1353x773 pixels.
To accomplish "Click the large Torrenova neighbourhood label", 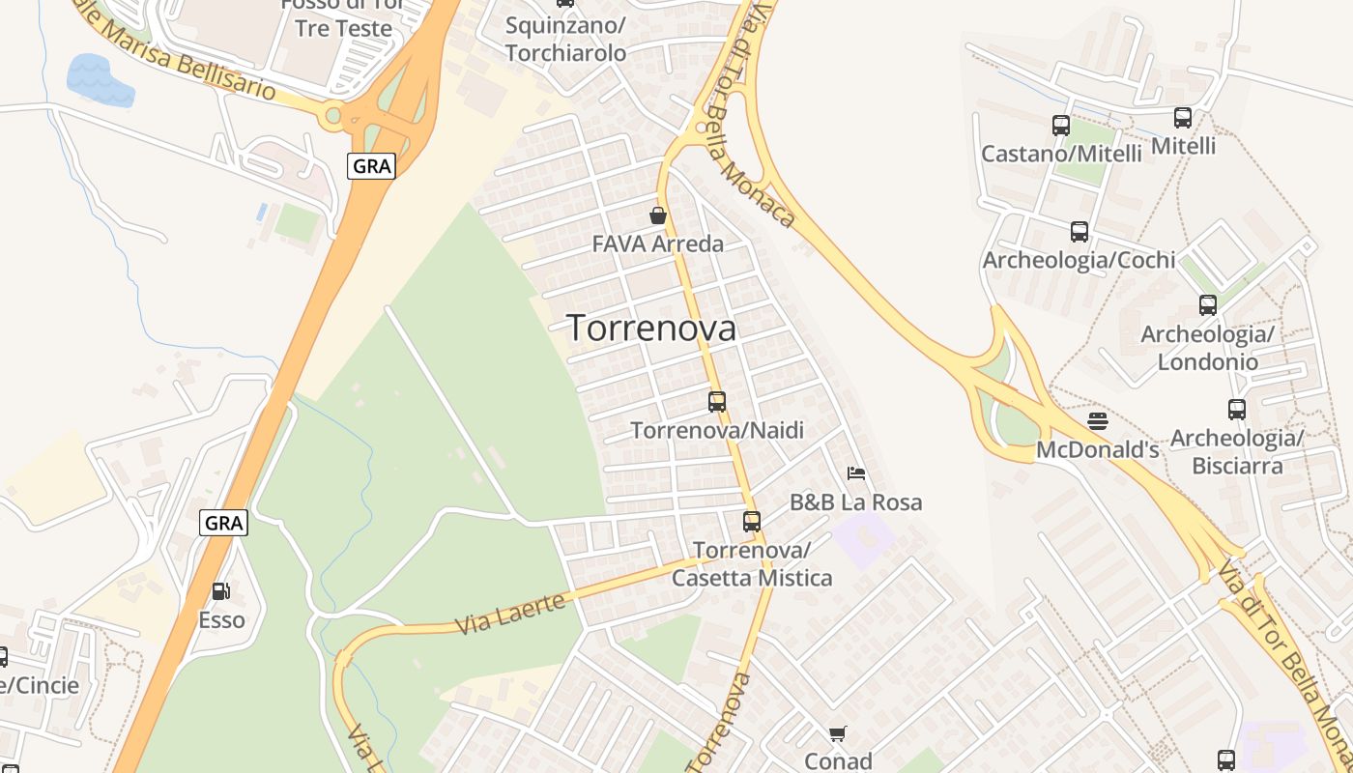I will click(x=651, y=329).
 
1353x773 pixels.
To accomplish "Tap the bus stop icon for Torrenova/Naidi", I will click(x=717, y=402).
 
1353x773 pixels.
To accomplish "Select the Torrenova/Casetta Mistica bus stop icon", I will click(x=752, y=522).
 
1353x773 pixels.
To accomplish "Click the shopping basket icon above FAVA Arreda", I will click(x=658, y=215).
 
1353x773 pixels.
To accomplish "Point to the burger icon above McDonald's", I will click(x=1097, y=421).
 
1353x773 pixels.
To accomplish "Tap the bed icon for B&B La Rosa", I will click(x=855, y=473).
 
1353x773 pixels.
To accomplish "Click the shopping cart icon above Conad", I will click(x=838, y=734).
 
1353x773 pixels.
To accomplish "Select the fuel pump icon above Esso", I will click(x=221, y=591).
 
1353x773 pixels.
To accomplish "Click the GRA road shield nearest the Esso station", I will click(x=224, y=524).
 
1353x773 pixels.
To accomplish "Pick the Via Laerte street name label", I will click(x=509, y=616).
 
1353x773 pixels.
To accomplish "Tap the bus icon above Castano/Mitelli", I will click(x=1061, y=126).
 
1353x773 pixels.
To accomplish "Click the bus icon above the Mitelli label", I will click(x=1183, y=119).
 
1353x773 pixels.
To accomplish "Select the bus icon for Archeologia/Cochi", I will click(x=1080, y=232).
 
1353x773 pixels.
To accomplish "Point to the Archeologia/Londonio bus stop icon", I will click(x=1208, y=305).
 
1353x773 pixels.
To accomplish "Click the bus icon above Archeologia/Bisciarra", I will click(x=1237, y=410).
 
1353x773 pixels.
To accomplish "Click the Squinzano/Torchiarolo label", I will click(x=565, y=39).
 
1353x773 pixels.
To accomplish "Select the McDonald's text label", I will click(x=1097, y=450).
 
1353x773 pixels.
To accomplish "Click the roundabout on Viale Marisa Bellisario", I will click(x=333, y=117).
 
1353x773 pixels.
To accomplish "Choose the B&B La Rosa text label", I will click(x=855, y=502).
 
